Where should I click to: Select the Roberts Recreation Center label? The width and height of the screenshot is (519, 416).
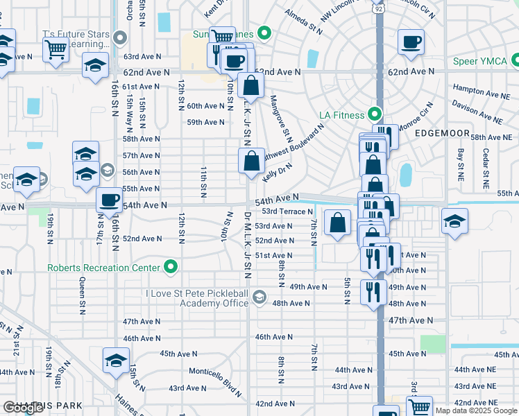point(104,268)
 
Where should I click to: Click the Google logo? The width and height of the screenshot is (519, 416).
point(23,408)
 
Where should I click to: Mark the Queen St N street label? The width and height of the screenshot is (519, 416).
point(83,292)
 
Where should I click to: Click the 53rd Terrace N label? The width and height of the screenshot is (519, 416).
point(287,211)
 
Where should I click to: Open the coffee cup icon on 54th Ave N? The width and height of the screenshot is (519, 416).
point(108,200)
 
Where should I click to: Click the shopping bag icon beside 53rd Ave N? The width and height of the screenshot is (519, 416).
point(337,223)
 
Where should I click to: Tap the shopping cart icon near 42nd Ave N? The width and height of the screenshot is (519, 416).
point(418,407)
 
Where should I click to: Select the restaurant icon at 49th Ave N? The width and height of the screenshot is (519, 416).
point(373,291)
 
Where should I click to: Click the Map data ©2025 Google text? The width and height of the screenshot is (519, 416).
point(476,410)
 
